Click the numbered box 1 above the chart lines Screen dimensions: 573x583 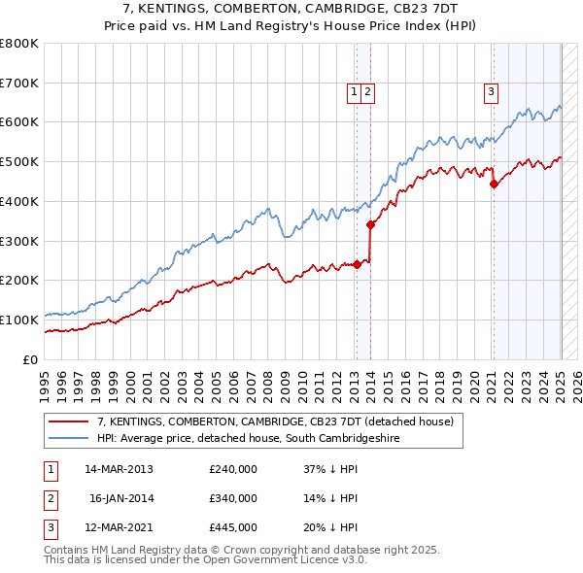[x=355, y=92]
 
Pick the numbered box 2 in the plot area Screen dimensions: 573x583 [x=370, y=92]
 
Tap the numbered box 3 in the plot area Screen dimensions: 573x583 [x=492, y=92]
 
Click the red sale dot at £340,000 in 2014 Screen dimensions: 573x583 [x=371, y=224]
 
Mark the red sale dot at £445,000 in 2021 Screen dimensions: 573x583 [x=494, y=183]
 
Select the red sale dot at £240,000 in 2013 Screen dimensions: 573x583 [x=357, y=263]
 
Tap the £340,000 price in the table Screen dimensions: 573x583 [x=233, y=498]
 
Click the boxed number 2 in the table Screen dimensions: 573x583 [x=49, y=499]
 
